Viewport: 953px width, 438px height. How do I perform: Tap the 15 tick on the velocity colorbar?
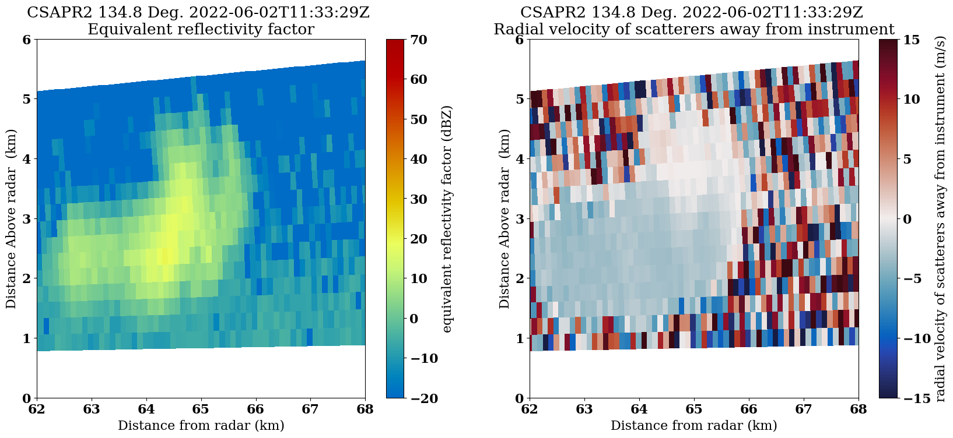pyautogui.click(x=897, y=40)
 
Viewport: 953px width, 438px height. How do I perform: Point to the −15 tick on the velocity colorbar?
pyautogui.click(x=897, y=398)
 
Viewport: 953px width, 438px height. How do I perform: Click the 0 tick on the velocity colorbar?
pyautogui.click(x=897, y=219)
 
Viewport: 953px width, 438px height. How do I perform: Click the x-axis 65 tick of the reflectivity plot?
pyautogui.click(x=201, y=398)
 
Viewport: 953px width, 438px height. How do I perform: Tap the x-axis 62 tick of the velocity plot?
pyautogui.click(x=530, y=398)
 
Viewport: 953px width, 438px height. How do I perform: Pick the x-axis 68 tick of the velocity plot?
pyautogui.click(x=859, y=398)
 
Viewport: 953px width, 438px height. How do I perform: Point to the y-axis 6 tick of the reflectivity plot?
pyautogui.click(x=37, y=40)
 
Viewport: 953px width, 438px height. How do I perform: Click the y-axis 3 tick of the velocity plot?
pyautogui.click(x=530, y=219)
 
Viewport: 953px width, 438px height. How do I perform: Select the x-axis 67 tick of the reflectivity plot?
pyautogui.click(x=310, y=398)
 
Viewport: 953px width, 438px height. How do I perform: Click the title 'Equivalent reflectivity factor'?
pyautogui.click(x=201, y=29)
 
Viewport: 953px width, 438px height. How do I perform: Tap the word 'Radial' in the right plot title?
pyautogui.click(x=514, y=29)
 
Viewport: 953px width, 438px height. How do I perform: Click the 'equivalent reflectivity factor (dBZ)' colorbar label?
pyautogui.click(x=447, y=219)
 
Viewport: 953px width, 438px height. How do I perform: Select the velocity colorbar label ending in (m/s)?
pyautogui.click(x=940, y=219)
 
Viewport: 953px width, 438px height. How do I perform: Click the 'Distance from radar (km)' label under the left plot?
pyautogui.click(x=201, y=426)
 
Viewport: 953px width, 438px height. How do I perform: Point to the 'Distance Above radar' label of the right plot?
pyautogui.click(x=504, y=219)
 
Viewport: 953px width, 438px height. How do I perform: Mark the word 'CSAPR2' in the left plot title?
pyautogui.click(x=55, y=12)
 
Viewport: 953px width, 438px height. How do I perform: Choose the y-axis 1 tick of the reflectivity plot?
pyautogui.click(x=37, y=338)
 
